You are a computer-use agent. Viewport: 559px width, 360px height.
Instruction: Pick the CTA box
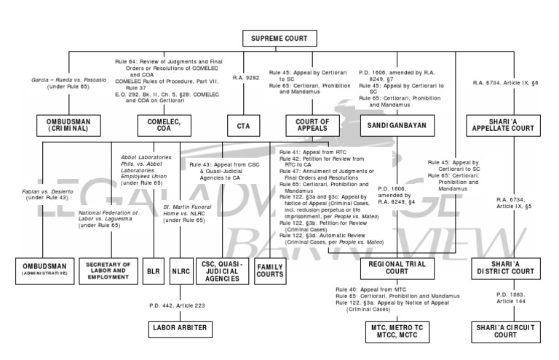(242, 125)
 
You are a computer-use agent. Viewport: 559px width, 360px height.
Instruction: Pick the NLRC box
(180, 269)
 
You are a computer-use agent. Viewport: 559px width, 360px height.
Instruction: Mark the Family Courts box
(269, 269)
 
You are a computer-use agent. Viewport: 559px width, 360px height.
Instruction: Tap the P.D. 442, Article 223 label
(180, 306)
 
